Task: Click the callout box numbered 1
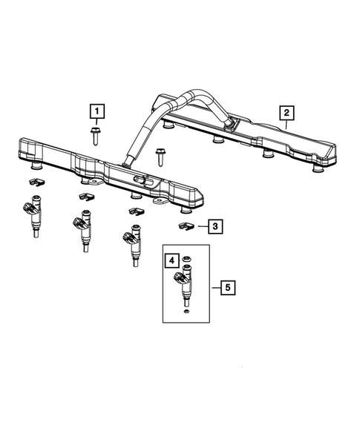(x=97, y=112)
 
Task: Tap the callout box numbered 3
(x=213, y=226)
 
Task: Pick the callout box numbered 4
(x=171, y=260)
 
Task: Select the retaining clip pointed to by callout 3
(x=185, y=224)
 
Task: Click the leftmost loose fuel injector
(x=36, y=215)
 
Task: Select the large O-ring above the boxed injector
(x=187, y=260)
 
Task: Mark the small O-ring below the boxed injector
(x=184, y=314)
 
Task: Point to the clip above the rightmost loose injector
(x=135, y=213)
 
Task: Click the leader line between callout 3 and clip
(x=198, y=226)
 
